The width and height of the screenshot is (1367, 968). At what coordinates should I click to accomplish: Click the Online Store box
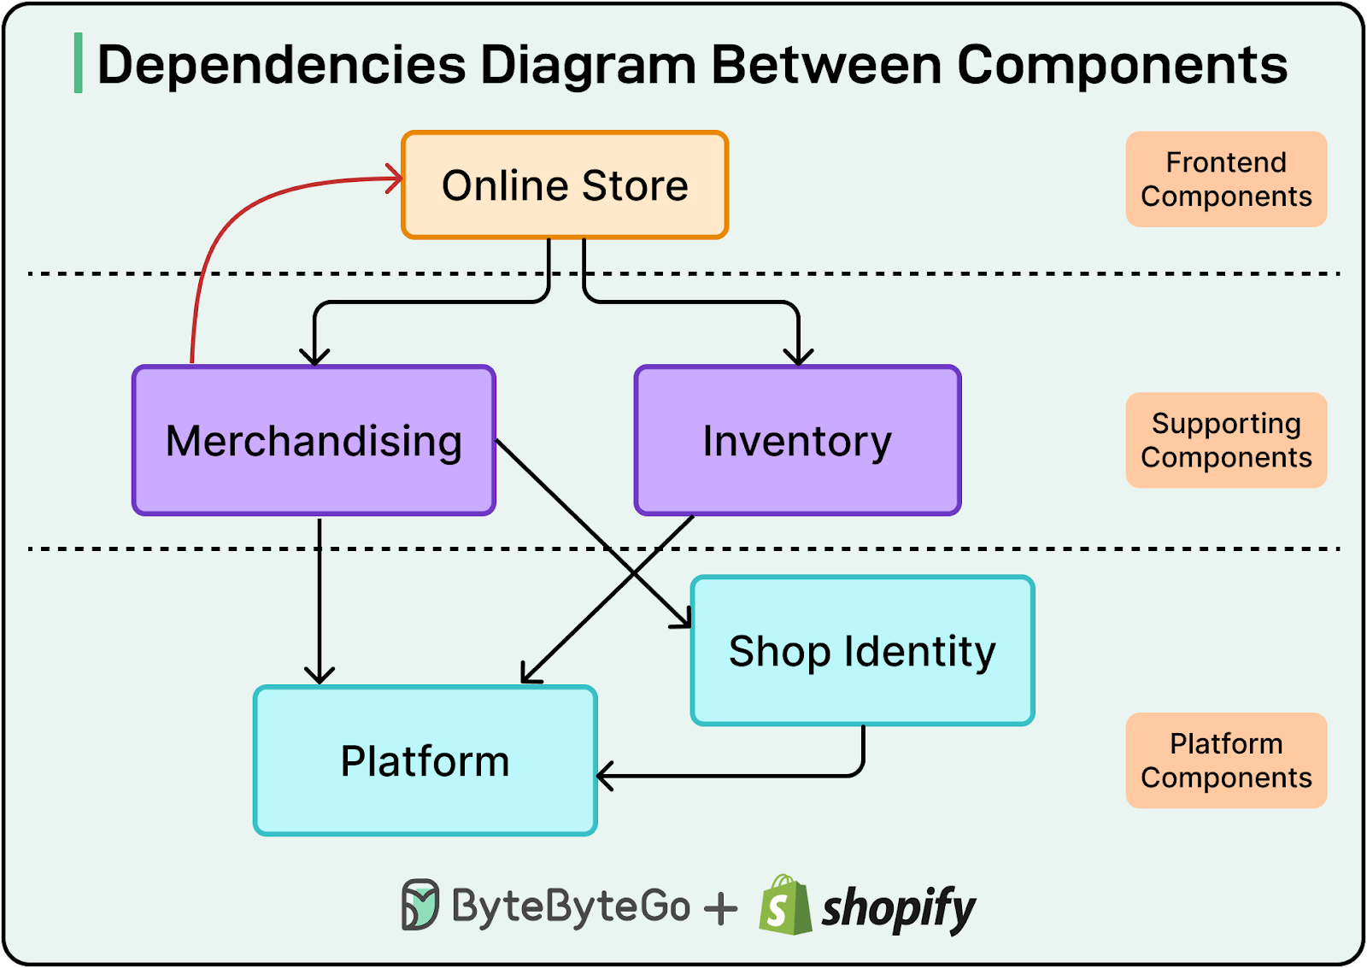[x=565, y=185]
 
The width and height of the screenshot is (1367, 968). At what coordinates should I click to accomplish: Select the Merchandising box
[x=314, y=441]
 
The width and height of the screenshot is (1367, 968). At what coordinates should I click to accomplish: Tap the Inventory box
[x=797, y=441]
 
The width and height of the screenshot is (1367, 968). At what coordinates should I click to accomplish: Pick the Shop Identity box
[x=862, y=651]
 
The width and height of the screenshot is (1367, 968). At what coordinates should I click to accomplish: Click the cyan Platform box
[x=425, y=760]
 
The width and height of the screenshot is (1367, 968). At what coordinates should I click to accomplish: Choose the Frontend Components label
[x=1225, y=179]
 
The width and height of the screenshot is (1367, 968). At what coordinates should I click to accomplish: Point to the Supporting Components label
[x=1225, y=440]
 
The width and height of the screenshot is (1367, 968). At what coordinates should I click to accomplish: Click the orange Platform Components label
[x=1225, y=760]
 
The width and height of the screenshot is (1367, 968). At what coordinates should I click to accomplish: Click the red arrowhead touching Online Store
[x=396, y=179]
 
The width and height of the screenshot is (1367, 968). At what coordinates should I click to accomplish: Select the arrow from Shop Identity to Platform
[x=735, y=776]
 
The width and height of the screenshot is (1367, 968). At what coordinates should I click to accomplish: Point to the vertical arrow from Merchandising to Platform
[x=319, y=598]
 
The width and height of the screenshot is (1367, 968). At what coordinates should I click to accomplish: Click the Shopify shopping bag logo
[x=784, y=906]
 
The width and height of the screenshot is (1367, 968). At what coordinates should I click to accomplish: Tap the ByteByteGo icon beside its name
[x=419, y=905]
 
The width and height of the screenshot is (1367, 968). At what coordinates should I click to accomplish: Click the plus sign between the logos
[x=720, y=908]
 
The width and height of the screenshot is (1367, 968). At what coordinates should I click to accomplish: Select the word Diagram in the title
[x=588, y=64]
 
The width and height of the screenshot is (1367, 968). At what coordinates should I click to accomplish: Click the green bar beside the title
[x=78, y=63]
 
